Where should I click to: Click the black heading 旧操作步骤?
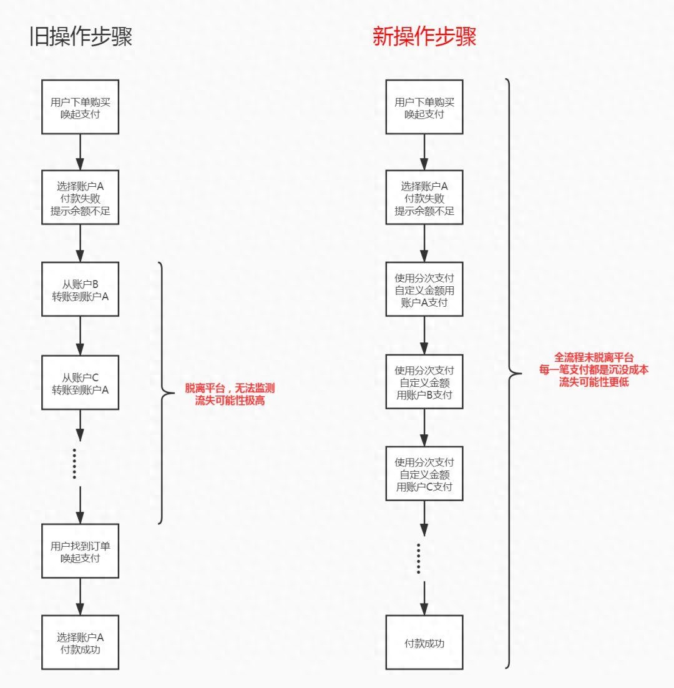[81, 37]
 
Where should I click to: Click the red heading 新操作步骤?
[424, 37]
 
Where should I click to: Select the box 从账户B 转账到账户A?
[80, 289]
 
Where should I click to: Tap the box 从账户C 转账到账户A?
[80, 382]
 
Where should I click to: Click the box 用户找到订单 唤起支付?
[80, 551]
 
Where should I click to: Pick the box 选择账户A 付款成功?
[80, 642]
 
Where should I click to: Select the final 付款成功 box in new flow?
[424, 642]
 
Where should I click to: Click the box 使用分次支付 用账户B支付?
[424, 382]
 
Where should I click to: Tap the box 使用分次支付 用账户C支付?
[424, 474]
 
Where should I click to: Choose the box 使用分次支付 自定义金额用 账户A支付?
[424, 290]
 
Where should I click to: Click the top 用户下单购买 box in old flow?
[80, 107]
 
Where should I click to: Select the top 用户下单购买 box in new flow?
[424, 107]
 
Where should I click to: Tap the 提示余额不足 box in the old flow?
[80, 197]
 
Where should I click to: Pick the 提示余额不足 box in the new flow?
[424, 197]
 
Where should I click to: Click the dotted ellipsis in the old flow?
[74, 464]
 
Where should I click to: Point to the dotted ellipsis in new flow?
[419, 558]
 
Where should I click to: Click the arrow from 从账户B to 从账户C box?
[80, 336]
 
